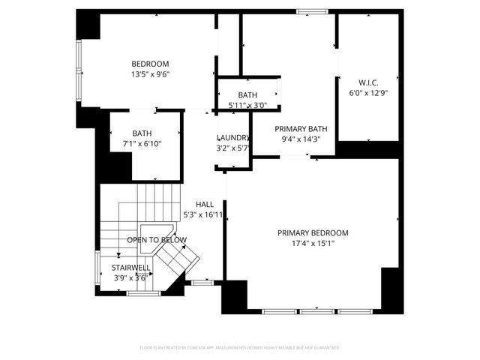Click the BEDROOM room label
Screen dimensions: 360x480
(150, 64)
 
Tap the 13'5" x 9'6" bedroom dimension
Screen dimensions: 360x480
(150, 74)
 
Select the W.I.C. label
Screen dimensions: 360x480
(367, 82)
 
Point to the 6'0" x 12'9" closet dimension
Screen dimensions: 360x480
(367, 93)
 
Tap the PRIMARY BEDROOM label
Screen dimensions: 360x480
(313, 233)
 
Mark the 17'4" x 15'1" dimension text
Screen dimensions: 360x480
(313, 244)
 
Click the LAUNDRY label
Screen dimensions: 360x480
(232, 138)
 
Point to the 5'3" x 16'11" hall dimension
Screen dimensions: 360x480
(204, 215)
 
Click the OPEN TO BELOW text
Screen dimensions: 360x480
(156, 240)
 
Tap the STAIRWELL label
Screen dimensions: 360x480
(131, 267)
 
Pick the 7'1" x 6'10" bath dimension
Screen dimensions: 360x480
(142, 143)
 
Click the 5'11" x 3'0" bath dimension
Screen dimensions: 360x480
(247, 106)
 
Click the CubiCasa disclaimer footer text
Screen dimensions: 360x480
(239, 348)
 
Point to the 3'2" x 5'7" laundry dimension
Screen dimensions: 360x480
(232, 148)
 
